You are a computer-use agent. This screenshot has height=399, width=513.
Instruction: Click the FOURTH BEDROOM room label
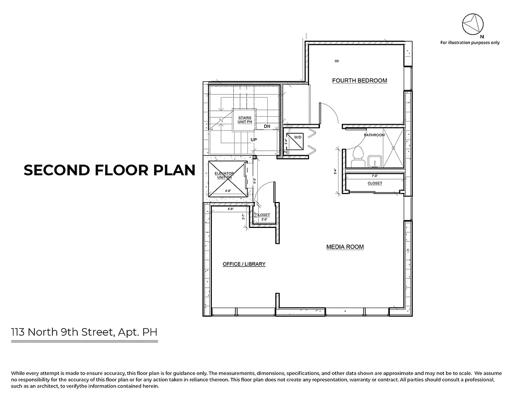click(x=359, y=80)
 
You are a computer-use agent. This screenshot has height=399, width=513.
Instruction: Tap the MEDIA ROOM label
click(x=344, y=247)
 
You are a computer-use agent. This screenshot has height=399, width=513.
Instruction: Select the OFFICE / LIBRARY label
click(x=244, y=264)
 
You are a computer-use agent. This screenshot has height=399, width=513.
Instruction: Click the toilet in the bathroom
click(x=356, y=159)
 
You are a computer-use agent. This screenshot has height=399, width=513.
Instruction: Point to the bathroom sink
click(x=374, y=160)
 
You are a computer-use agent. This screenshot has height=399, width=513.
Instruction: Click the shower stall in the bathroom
click(x=393, y=148)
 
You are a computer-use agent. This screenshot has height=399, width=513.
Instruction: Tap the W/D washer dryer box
click(x=298, y=141)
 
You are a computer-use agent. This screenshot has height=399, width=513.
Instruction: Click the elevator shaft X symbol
click(x=227, y=179)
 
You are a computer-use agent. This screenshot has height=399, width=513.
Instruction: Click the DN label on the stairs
click(x=267, y=126)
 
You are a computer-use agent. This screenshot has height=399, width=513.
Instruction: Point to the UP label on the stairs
click(x=254, y=140)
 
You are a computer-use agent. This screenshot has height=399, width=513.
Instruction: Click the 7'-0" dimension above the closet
click(x=375, y=176)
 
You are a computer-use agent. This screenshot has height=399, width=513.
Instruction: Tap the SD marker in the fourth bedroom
click(x=337, y=61)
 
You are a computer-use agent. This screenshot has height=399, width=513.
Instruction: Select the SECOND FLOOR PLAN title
click(x=109, y=170)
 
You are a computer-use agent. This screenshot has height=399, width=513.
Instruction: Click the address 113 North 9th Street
click(x=85, y=332)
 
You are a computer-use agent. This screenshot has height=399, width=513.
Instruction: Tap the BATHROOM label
click(x=374, y=135)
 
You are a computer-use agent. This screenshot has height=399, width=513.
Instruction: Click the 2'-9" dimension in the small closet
click(x=264, y=220)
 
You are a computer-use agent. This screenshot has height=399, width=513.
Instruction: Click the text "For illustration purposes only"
click(x=469, y=43)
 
